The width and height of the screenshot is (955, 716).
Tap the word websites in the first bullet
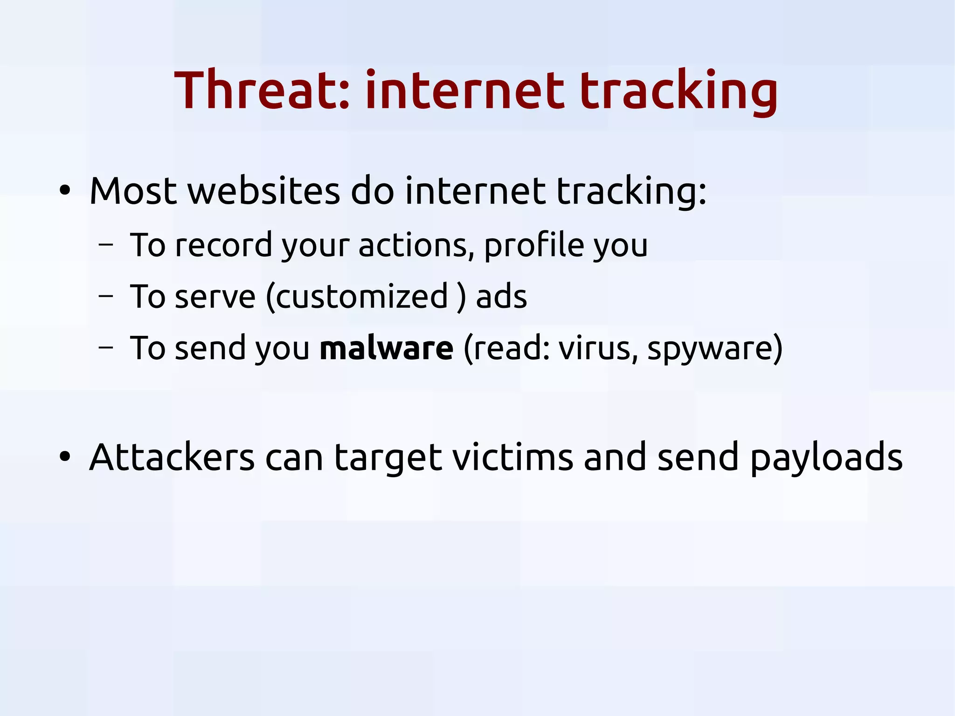(263, 191)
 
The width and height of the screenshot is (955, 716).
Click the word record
(223, 245)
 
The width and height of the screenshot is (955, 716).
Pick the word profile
(534, 245)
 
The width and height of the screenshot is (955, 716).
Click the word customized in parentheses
(362, 297)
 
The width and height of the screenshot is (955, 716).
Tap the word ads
(501, 297)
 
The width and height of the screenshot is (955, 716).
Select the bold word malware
(386, 348)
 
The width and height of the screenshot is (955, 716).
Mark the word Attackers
(172, 457)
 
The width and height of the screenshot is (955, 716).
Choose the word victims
(512, 457)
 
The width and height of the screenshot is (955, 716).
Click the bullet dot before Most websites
(65, 191)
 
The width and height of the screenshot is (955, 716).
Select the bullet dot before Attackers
(65, 457)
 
